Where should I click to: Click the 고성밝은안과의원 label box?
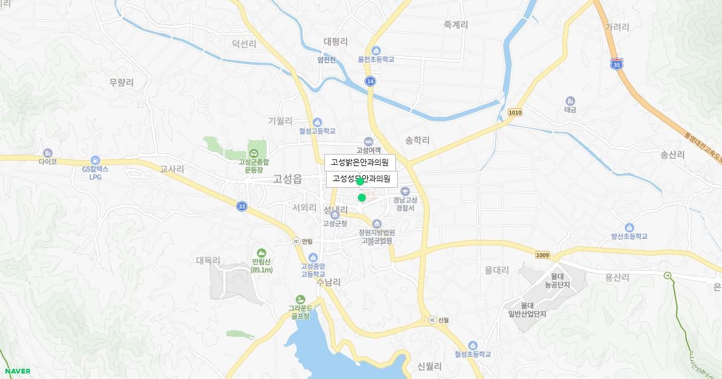coord(360,162)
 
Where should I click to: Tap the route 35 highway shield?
coord(616,64)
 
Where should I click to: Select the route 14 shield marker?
coord(370,81)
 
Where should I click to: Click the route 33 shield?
coord(241,206)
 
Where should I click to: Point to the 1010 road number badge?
coord(515,112)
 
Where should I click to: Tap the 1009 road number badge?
coord(542,255)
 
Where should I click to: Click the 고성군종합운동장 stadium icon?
coord(253,153)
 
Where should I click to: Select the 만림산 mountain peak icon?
coord(261,253)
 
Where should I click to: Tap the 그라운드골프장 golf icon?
coord(300,299)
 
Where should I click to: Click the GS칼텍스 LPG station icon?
coord(95,160)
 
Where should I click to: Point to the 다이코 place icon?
coord(48,153)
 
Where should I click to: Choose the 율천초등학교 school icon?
coord(376,51)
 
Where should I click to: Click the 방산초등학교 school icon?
coord(629,227)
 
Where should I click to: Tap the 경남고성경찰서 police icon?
coord(405,191)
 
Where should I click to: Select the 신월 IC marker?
coord(432,319)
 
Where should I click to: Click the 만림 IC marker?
coord(296,241)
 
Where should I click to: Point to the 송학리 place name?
coord(417,140)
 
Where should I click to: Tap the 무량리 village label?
coord(122,82)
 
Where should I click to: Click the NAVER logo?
coord(17,371)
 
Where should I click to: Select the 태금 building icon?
coord(570,101)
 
